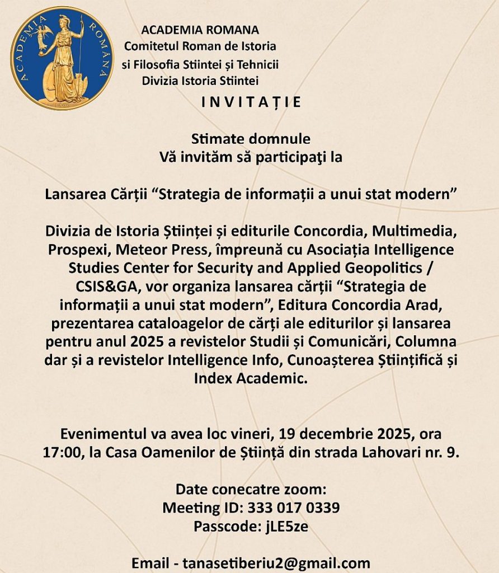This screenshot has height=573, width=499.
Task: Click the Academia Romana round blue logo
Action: coord(62,58)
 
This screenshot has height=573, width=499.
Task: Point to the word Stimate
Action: coord(214,138)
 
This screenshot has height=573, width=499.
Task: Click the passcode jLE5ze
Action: coord(286,527)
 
